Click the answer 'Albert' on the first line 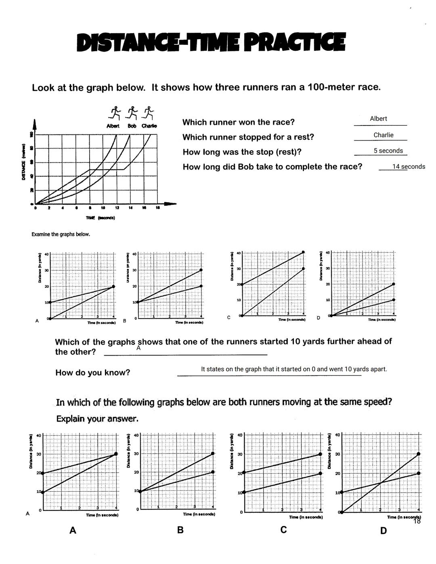[x=378, y=119]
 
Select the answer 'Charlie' [x=383, y=135]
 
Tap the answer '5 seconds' [x=388, y=151]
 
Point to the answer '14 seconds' [x=409, y=167]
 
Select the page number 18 [x=417, y=521]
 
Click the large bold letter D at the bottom [x=383, y=530]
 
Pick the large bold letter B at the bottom [x=180, y=530]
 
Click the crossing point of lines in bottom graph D [x=380, y=483]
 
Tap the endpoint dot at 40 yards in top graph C [x=303, y=252]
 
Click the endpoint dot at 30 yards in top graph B [x=201, y=270]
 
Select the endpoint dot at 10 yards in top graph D [x=394, y=300]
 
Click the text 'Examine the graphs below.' [x=61, y=234]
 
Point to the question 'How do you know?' [x=92, y=373]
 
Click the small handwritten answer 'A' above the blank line [x=138, y=348]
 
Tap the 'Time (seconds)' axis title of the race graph [x=101, y=218]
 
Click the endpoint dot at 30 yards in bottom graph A [x=116, y=454]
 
